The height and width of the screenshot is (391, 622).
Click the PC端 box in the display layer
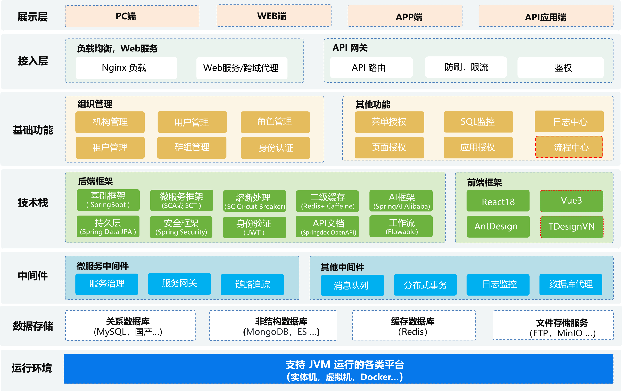(x=132, y=16)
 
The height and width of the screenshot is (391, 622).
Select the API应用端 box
(x=546, y=17)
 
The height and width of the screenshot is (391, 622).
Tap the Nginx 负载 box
(x=126, y=68)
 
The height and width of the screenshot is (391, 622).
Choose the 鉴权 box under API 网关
(x=560, y=68)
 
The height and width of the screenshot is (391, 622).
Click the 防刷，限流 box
(x=466, y=67)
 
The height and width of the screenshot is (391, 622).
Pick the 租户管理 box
(x=110, y=148)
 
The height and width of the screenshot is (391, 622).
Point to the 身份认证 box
(x=275, y=148)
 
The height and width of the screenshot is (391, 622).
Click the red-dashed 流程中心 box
(x=569, y=147)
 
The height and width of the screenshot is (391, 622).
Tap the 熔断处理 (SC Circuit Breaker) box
(x=254, y=201)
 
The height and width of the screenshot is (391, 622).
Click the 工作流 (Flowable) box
(x=401, y=226)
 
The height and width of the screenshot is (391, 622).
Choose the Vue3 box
(x=571, y=201)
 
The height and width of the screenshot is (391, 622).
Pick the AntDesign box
(x=498, y=226)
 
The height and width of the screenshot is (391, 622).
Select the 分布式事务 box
(x=425, y=285)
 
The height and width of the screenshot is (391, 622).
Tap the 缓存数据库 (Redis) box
(x=414, y=326)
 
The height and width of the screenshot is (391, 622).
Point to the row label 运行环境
(x=32, y=368)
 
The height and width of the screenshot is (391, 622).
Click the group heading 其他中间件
(x=342, y=267)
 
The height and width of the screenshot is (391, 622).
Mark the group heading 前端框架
(x=484, y=183)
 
